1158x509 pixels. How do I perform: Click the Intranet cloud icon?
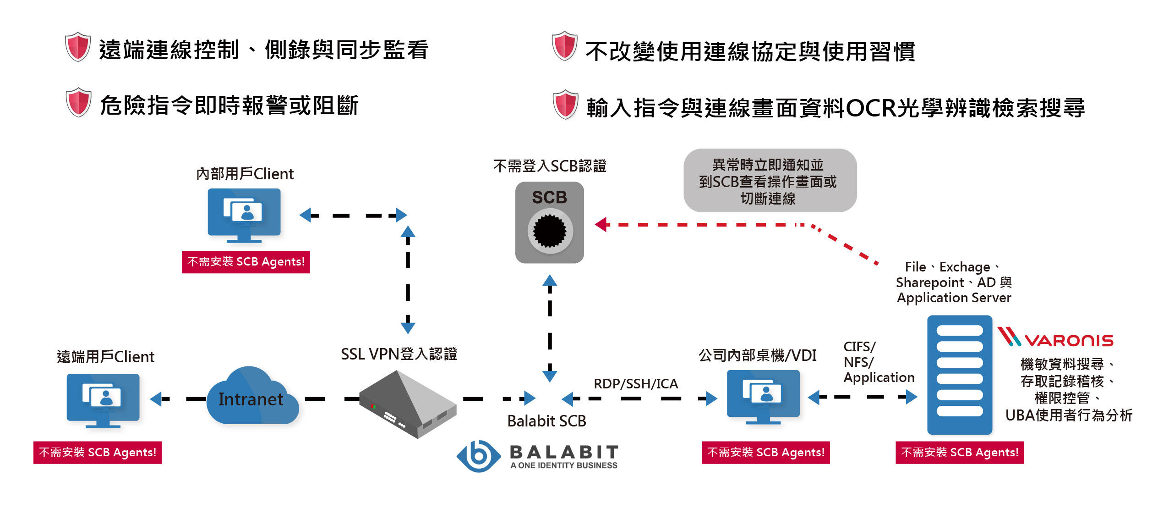pos(252,397)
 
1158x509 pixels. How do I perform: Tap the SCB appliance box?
pos(549,222)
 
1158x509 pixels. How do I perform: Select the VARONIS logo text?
pos(1068,340)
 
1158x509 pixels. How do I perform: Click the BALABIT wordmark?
pos(564,452)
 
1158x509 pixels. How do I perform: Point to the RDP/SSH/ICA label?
pos(635,383)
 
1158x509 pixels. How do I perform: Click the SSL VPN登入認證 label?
pos(399,354)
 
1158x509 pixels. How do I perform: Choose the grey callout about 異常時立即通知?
pos(770,181)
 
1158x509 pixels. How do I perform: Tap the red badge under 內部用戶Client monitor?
pos(246,262)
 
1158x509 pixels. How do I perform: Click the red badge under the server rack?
pos(959,453)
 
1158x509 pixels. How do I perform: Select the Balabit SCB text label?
pos(546,421)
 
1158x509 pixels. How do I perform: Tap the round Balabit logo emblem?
pos(479,456)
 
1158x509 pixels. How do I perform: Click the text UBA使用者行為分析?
pos(1068,415)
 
